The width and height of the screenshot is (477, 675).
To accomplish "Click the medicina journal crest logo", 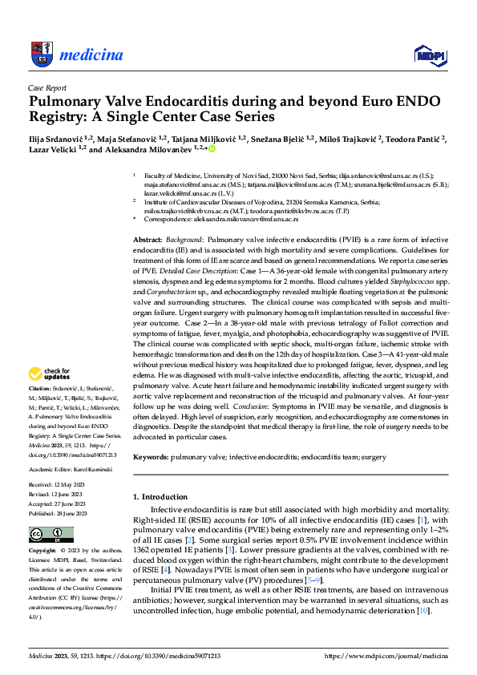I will pyautogui.click(x=41, y=53).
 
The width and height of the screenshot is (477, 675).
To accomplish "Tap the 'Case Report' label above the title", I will pyautogui.click(x=47, y=88).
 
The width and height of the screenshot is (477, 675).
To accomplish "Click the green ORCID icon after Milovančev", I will pyautogui.click(x=213, y=149).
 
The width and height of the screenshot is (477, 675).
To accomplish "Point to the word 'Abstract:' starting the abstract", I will pyautogui.click(x=148, y=240).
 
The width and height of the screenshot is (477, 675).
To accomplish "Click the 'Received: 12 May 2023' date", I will pyautogui.click(x=58, y=485).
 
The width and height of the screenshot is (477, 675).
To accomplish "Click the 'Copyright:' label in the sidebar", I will pyautogui.click(x=42, y=552).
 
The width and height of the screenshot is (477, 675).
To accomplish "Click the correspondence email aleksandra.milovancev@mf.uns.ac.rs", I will pyautogui.click(x=245, y=218).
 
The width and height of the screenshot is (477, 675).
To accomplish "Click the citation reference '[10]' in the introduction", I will pyautogui.click(x=423, y=612).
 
